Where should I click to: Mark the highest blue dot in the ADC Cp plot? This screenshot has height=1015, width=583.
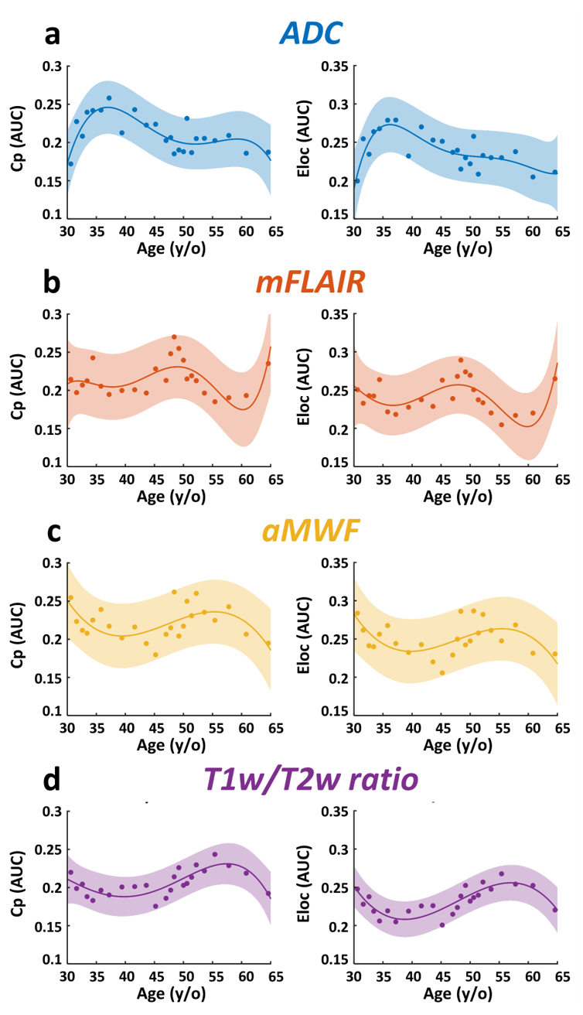pos(109,98)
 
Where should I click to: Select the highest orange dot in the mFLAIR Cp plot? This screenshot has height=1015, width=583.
pos(174,337)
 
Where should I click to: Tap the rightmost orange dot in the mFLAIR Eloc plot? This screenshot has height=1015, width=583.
pos(554,378)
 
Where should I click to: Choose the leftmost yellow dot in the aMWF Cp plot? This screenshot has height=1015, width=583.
pos(70,598)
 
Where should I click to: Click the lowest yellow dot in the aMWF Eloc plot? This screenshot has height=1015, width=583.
pos(443,672)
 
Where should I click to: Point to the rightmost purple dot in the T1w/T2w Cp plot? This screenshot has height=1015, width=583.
pos(268,894)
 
